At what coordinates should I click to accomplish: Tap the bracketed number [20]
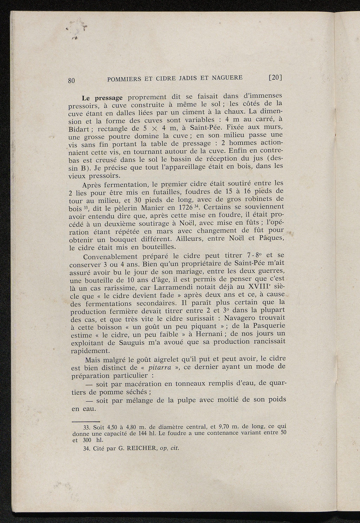[x=276, y=77]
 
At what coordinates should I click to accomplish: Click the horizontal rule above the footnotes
[x=85, y=421]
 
